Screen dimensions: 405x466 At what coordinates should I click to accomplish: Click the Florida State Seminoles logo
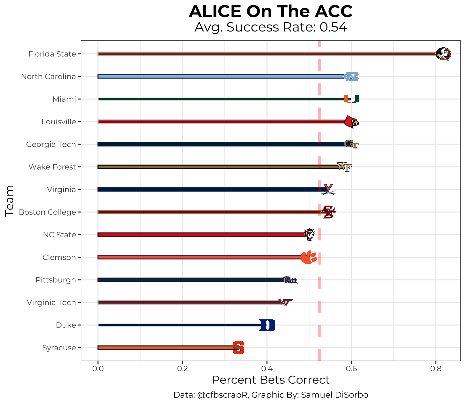(x=443, y=54)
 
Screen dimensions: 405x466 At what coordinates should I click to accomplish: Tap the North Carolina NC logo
(x=351, y=77)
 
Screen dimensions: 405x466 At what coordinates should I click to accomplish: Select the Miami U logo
(x=351, y=99)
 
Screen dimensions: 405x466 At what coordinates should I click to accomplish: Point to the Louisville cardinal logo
(x=351, y=122)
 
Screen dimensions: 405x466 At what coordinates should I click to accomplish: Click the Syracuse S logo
(x=239, y=348)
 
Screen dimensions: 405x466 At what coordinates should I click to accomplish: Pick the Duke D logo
(x=267, y=325)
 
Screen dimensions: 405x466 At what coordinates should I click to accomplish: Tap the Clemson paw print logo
(x=309, y=257)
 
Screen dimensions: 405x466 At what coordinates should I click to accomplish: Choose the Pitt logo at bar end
(x=290, y=280)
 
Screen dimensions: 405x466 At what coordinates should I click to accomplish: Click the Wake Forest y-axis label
(x=52, y=167)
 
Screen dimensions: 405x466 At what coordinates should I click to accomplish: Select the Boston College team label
(x=47, y=212)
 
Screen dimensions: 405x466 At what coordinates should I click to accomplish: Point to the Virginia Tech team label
(x=51, y=303)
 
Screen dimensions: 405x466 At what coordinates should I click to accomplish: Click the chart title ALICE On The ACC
(x=270, y=12)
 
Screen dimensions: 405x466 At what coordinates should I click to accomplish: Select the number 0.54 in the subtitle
(x=333, y=27)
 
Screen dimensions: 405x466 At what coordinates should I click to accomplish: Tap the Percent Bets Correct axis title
(x=271, y=380)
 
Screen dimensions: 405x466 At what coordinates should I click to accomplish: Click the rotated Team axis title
(x=10, y=201)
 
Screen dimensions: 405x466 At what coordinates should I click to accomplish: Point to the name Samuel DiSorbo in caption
(x=334, y=395)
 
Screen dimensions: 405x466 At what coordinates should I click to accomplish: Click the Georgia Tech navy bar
(x=219, y=144)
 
